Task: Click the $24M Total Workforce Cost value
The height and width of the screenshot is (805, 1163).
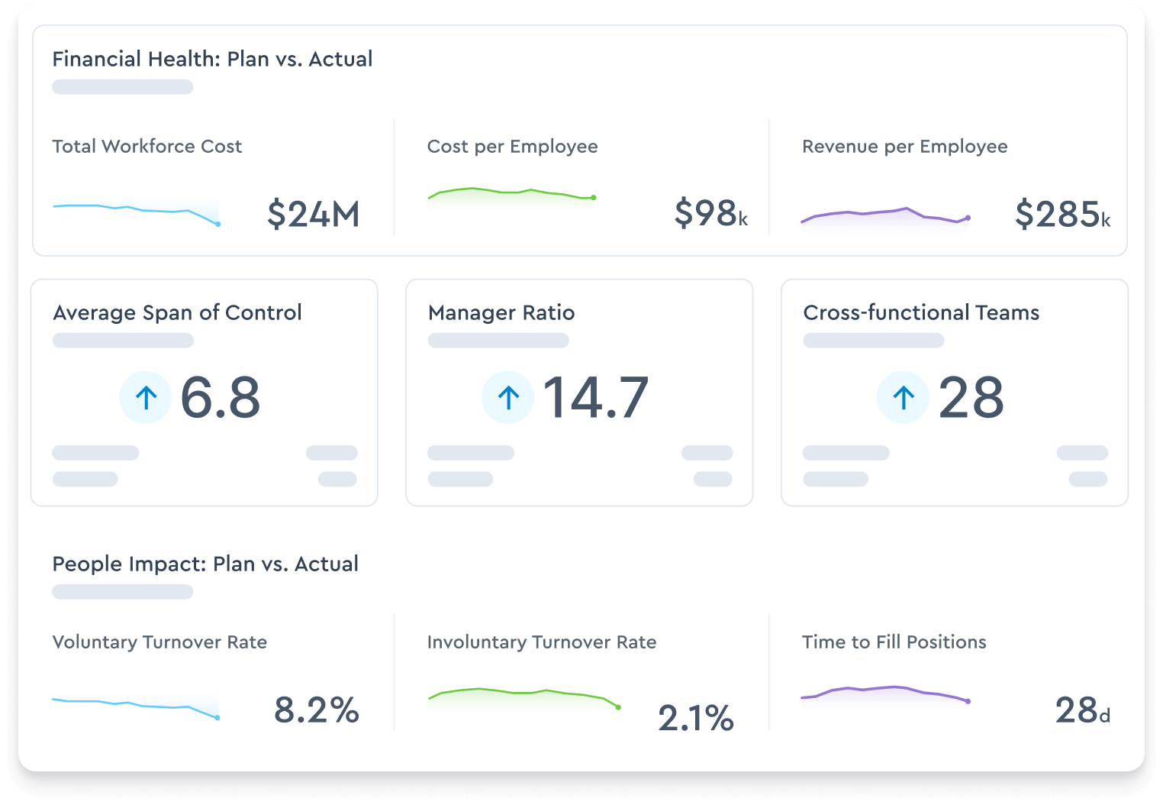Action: [313, 214]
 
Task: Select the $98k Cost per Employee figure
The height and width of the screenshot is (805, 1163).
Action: [710, 213]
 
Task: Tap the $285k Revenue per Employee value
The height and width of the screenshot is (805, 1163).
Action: [1062, 214]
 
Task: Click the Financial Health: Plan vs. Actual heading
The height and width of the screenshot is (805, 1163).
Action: [212, 59]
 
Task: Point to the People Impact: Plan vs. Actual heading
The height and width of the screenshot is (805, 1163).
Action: [205, 564]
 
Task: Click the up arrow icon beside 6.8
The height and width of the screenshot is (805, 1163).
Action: [146, 397]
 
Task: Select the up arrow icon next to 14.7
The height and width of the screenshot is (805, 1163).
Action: [508, 397]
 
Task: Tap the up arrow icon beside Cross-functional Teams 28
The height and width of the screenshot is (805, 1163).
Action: [904, 397]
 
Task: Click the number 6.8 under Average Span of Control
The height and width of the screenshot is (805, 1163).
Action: [221, 398]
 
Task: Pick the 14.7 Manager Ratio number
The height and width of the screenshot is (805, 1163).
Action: [595, 398]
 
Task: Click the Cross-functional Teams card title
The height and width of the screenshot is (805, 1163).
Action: [921, 312]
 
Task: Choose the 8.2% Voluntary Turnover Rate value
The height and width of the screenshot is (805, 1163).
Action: [316, 710]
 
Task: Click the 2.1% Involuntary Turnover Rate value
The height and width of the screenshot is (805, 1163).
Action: [695, 718]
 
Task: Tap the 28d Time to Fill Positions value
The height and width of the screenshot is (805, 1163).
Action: [1082, 711]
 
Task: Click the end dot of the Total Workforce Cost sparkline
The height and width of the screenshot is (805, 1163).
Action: [218, 224]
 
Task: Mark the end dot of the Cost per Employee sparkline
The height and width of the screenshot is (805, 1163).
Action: [594, 198]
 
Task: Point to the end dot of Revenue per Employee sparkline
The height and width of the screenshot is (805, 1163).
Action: [968, 218]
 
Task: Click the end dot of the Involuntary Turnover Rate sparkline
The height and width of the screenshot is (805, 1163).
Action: [618, 707]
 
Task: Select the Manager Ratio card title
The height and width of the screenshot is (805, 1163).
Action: [501, 312]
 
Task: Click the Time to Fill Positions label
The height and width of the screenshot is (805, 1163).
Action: [894, 642]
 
